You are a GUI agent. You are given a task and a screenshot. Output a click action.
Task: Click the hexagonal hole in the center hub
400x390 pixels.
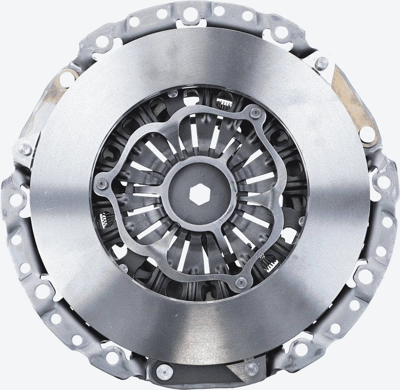pos(200,194)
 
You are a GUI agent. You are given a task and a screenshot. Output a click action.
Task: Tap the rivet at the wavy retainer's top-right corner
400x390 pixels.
pos(256,112)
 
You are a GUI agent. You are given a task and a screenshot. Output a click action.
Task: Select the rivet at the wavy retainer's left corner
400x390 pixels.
pos(101,184)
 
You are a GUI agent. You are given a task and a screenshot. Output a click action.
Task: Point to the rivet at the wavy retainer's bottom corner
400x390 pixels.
pos(242,282)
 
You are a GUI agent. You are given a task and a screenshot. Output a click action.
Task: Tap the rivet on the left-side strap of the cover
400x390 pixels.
pos(25,149)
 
